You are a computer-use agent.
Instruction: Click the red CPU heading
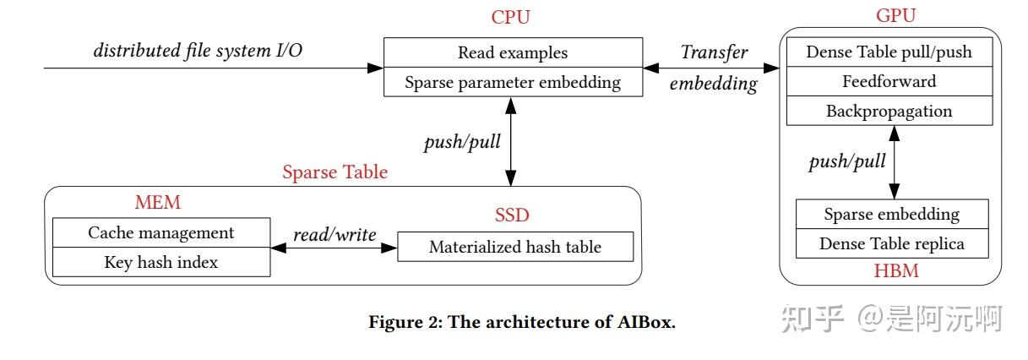click(511, 17)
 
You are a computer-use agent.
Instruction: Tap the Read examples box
click(512, 52)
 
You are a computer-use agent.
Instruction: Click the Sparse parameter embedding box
click(512, 82)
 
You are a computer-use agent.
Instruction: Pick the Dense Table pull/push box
click(889, 52)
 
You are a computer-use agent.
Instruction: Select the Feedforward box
click(889, 82)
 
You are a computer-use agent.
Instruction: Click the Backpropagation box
click(889, 111)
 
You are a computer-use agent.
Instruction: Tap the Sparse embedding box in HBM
click(891, 214)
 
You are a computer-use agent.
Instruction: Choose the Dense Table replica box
click(891, 244)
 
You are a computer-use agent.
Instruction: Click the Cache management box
click(160, 232)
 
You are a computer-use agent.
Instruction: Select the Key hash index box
click(160, 262)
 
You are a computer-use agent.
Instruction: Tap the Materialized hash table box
click(514, 247)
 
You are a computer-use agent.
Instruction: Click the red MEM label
click(158, 203)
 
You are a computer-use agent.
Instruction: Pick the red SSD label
click(511, 215)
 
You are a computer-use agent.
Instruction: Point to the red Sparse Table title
click(335, 172)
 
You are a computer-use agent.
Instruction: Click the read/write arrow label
click(335, 234)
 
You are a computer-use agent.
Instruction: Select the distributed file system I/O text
click(198, 50)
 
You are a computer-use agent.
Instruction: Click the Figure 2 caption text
click(522, 323)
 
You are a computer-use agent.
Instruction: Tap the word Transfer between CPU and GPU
click(714, 52)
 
